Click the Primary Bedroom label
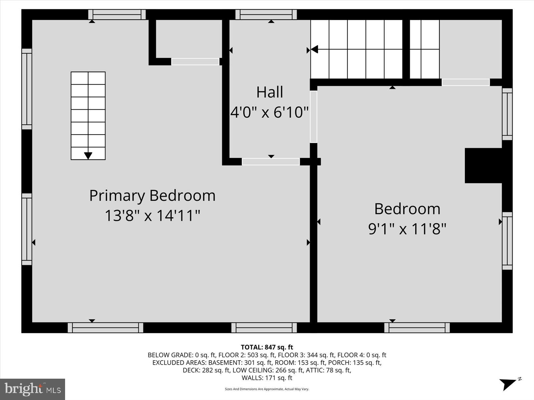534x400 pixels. point(152,196)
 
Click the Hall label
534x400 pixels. point(270,92)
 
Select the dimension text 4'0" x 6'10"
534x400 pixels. point(270,112)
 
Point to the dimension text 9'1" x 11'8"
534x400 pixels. point(407,229)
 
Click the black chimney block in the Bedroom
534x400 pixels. point(483,166)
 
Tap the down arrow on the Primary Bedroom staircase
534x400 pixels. point(88,155)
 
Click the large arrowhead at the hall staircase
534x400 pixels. point(314,49)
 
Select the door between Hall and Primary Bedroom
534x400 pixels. point(271,162)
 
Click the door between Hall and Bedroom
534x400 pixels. point(313,117)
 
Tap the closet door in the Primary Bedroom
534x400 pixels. point(195,62)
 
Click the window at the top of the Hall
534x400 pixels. point(266,15)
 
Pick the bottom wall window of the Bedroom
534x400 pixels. point(417,328)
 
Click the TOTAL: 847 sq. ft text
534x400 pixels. point(267,347)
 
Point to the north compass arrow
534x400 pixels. point(509,384)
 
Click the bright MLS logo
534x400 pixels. point(32,389)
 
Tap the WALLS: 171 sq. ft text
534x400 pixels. point(267,378)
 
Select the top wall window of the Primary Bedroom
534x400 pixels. point(117,15)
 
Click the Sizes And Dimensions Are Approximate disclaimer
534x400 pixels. point(267,389)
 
